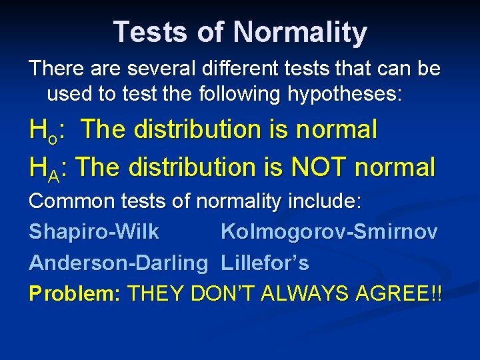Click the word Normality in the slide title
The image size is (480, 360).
click(301, 32)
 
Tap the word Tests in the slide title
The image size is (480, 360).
click(148, 32)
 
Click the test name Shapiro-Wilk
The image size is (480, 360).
click(94, 232)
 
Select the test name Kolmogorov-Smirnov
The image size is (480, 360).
click(329, 232)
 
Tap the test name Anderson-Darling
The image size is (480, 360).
click(119, 263)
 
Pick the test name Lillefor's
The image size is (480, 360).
click(265, 263)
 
